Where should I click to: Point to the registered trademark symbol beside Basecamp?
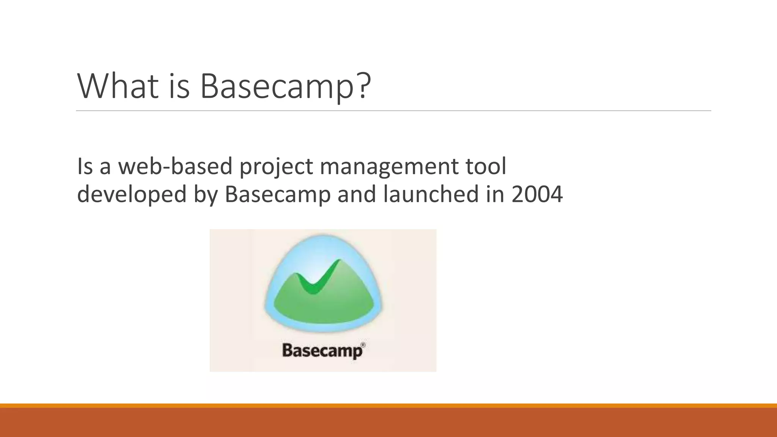363,344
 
